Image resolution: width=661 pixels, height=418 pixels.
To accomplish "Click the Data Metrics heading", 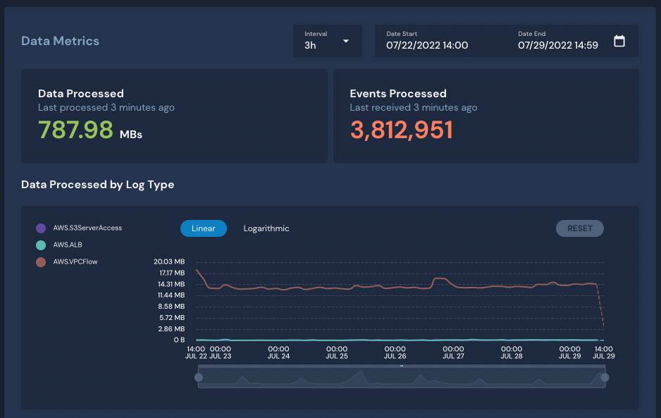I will tap(60, 41).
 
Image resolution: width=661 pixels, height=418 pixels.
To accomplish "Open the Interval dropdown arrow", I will tap(346, 41).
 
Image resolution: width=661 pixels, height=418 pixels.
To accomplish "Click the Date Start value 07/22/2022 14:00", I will tap(427, 45).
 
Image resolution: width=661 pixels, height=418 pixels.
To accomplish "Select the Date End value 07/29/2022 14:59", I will tap(558, 45).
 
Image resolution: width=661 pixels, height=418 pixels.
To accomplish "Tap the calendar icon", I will tap(619, 41).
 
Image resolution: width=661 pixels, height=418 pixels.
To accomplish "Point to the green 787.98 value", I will tap(75, 130).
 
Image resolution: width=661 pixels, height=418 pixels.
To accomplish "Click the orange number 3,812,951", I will tap(401, 130).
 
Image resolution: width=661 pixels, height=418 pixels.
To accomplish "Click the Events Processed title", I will tap(398, 94).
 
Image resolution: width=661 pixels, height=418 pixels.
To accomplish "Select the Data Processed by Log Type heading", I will tap(97, 185).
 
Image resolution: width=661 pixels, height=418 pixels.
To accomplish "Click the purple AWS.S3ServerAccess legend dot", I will tap(41, 228).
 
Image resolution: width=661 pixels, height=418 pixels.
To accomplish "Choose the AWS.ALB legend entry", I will tap(68, 245).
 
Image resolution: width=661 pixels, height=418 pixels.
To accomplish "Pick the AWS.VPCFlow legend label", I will tap(75, 262).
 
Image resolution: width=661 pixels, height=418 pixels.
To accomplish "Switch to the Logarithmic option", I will tap(266, 228).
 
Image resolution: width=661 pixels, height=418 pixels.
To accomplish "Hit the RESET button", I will tap(580, 228).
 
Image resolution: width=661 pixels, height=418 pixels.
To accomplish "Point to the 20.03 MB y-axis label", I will tap(169, 262).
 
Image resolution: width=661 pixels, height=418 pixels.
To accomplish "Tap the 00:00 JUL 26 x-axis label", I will tap(395, 352).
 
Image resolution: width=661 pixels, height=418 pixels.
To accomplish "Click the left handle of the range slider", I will tap(199, 378).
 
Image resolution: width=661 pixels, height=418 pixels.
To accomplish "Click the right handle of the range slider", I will tap(605, 378).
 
